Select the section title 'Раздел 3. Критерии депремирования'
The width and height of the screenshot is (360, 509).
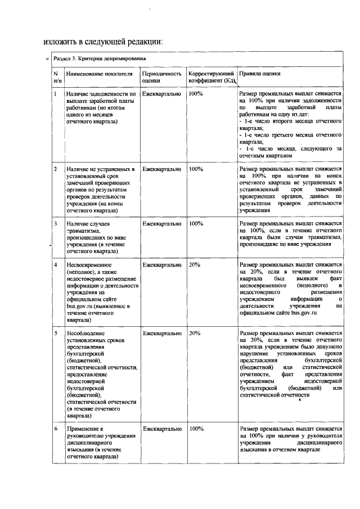tap(100, 58)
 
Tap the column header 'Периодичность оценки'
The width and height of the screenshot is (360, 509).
tap(162, 77)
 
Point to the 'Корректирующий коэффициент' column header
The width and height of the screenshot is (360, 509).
tap(211, 77)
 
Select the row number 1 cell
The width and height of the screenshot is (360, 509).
tap(55, 93)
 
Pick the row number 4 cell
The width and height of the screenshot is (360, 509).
tap(55, 264)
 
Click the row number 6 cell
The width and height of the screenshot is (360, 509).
tap(55, 429)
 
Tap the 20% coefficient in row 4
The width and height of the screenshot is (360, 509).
tap(195, 264)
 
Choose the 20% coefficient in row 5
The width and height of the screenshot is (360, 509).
tap(195, 333)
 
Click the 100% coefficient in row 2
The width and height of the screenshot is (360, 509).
tap(196, 169)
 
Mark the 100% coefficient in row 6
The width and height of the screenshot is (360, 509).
tap(196, 429)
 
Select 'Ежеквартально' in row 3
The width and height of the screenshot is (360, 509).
tap(162, 223)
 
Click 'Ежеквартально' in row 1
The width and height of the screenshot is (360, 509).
tap(162, 93)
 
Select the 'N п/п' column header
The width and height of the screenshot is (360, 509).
tap(56, 77)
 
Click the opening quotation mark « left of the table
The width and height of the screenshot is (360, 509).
tap(47, 58)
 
